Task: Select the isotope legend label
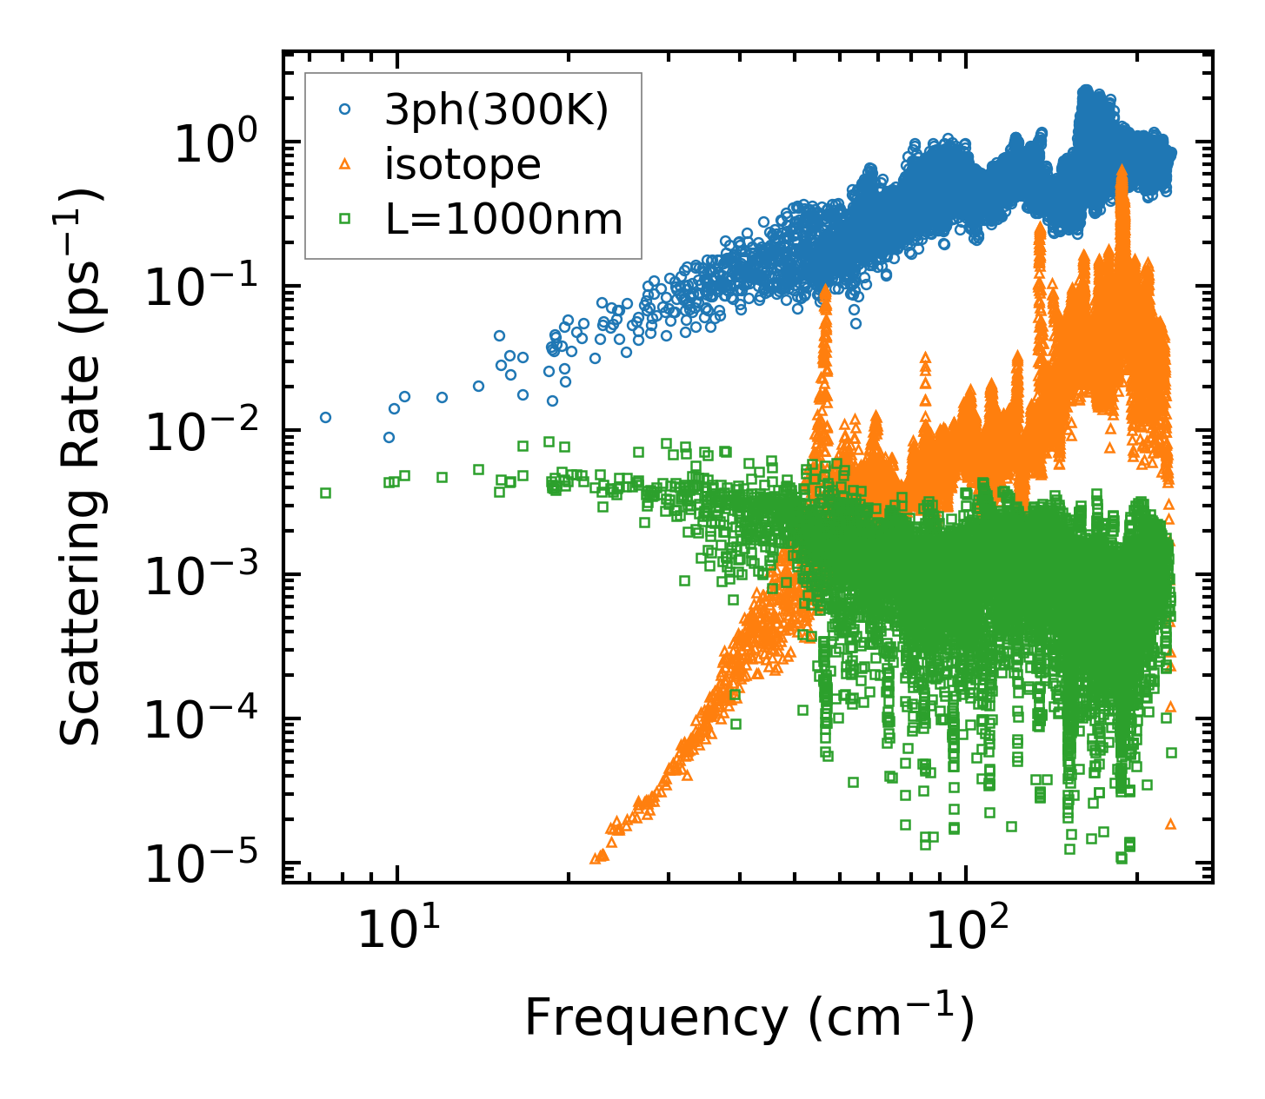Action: coord(463,165)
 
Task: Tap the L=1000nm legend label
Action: coord(504,220)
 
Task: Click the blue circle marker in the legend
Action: coord(345,110)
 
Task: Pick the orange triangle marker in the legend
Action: coord(345,164)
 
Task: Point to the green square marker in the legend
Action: coord(345,220)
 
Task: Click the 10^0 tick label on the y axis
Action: coord(214,143)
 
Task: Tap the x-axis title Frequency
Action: coord(748,1018)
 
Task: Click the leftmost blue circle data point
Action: coord(325,417)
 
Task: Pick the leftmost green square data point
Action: coord(325,493)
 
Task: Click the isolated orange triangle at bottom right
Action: coord(1170,824)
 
